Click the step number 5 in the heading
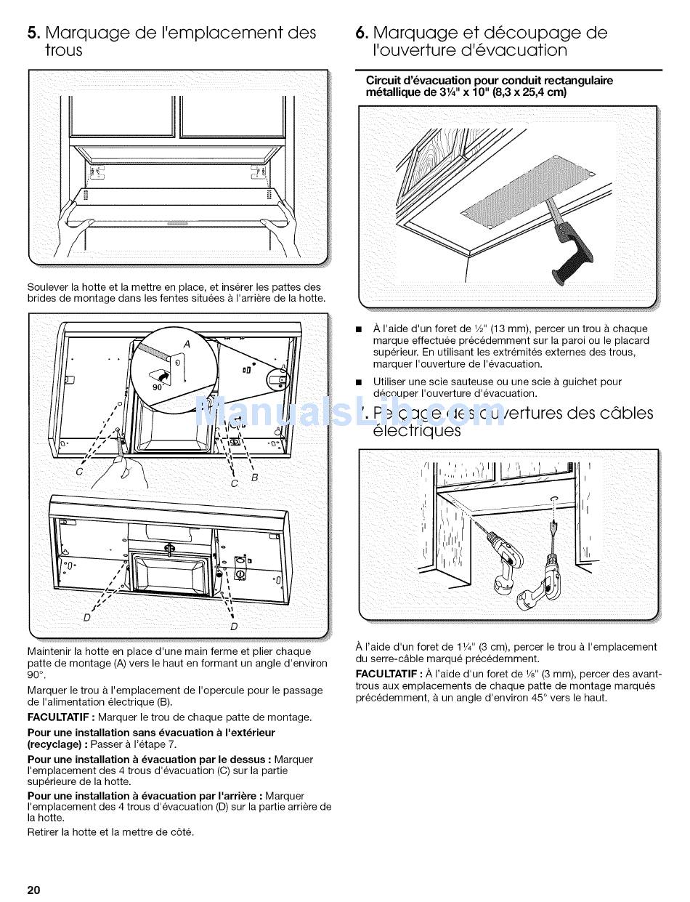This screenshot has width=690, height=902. point(33,33)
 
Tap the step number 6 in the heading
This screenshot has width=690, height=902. point(361,33)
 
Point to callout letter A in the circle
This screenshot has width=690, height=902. point(186,344)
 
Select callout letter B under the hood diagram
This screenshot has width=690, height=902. point(254,478)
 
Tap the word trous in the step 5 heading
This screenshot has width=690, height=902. point(64,51)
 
